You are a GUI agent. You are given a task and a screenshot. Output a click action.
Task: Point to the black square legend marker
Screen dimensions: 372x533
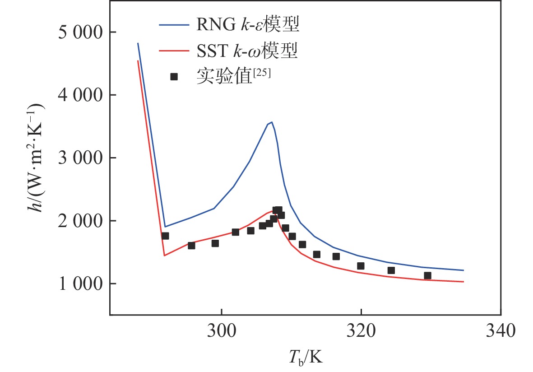174,77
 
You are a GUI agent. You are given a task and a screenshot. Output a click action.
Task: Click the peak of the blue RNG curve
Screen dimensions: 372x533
271,122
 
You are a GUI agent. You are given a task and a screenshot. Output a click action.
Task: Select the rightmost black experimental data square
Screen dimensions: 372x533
427,275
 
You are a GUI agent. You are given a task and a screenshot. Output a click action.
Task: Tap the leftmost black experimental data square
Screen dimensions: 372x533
165,236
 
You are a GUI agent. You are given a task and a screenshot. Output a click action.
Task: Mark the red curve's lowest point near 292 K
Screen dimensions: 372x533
164,256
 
